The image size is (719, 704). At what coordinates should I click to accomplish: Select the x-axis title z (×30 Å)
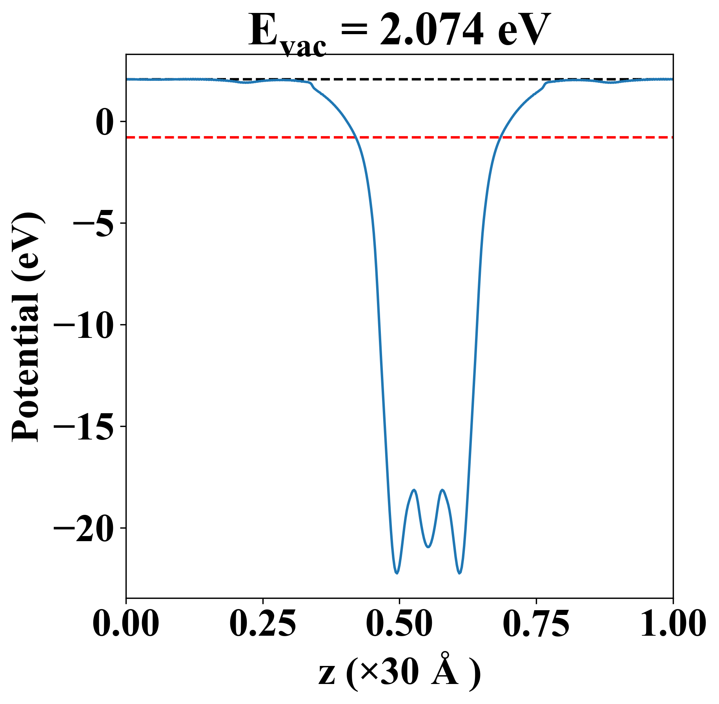[x=399, y=674]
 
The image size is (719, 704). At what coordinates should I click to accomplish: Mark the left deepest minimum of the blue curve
[x=397, y=573]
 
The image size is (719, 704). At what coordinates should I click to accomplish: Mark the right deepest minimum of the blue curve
[x=460, y=573]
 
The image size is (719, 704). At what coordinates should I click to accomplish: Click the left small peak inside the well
[x=414, y=490]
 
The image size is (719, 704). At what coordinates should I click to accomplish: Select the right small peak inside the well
[x=442, y=490]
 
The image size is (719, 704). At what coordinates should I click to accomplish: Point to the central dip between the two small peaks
[x=428, y=547]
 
